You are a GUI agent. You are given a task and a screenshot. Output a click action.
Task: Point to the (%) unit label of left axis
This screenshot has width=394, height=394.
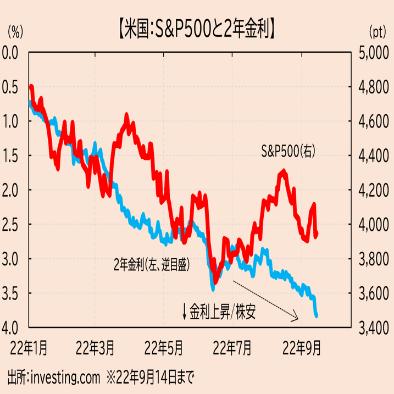point(15,31)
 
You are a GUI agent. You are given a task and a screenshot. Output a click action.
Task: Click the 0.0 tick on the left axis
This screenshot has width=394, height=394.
point(12,53)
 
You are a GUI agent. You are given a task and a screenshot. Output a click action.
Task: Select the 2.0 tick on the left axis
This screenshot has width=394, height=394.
point(12,190)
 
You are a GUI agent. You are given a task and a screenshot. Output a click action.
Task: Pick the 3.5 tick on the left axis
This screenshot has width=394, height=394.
point(12,293)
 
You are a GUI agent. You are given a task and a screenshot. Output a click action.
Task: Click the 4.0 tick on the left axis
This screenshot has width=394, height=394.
point(12,328)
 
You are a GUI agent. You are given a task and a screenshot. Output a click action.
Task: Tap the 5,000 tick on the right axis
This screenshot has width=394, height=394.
point(373,53)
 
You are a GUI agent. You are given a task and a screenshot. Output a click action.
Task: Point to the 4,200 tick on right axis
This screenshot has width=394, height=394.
point(373,190)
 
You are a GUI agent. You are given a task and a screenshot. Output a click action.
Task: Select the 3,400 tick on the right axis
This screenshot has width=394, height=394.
point(373,328)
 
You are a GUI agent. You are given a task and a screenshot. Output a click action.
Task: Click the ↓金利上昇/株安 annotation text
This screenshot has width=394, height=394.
point(219,312)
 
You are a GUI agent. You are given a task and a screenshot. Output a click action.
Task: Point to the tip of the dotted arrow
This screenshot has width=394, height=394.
point(298,318)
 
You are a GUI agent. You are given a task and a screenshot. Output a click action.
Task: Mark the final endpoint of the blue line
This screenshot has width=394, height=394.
point(317,315)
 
